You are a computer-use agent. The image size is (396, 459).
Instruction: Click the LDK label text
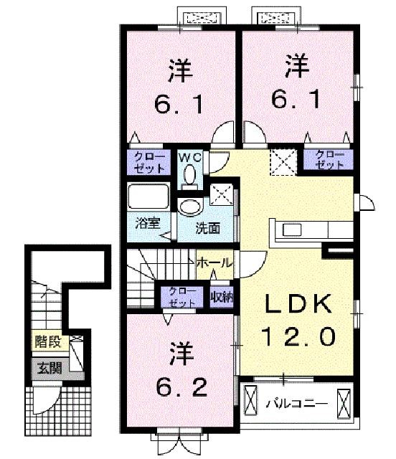click(x=298, y=303)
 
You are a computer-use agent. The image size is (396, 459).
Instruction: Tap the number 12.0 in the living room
click(x=298, y=336)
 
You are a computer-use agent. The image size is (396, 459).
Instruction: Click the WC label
click(x=190, y=158)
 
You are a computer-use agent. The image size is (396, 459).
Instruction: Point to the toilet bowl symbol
click(x=190, y=176)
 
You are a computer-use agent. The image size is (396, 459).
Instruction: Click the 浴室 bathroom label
click(x=148, y=224)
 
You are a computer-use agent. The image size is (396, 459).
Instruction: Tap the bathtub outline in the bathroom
click(x=148, y=196)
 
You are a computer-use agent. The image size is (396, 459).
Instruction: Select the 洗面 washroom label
click(x=207, y=229)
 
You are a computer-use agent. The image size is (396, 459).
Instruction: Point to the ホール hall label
click(x=214, y=263)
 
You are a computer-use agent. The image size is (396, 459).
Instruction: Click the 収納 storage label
click(x=222, y=298)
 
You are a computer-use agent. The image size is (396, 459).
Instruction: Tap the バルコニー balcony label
click(x=296, y=404)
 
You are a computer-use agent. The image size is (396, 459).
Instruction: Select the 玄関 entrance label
click(x=49, y=368)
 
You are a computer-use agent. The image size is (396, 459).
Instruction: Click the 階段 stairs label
click(x=48, y=342)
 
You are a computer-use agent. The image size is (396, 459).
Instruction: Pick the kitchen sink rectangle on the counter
click(x=292, y=229)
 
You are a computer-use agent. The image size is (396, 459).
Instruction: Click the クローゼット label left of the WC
click(x=149, y=163)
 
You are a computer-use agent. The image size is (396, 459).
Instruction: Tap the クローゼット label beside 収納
click(x=182, y=297)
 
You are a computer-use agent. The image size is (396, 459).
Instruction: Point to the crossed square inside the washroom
click(x=222, y=194)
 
